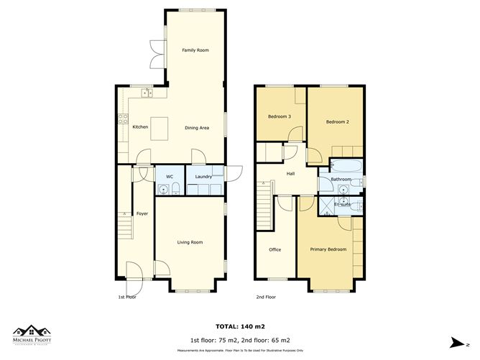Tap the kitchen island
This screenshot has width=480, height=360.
pyautogui.click(x=160, y=127)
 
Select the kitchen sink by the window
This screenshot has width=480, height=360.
pyautogui.click(x=147, y=93)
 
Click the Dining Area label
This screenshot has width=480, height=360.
pyautogui.click(x=196, y=127)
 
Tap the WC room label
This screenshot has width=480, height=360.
pyautogui.click(x=170, y=176)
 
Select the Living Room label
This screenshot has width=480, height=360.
pyautogui.click(x=190, y=242)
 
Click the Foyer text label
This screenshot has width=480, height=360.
pyautogui.click(x=142, y=213)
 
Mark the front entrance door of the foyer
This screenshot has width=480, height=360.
pyautogui.click(x=134, y=272)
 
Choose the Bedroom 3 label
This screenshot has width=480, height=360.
pyautogui.click(x=280, y=116)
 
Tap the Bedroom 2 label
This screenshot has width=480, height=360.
pyautogui.click(x=337, y=121)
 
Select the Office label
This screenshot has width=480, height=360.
pyautogui.click(x=274, y=249)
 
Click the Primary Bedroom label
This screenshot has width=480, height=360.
pyautogui.click(x=328, y=249)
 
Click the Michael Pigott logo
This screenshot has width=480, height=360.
pyautogui.click(x=34, y=335)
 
